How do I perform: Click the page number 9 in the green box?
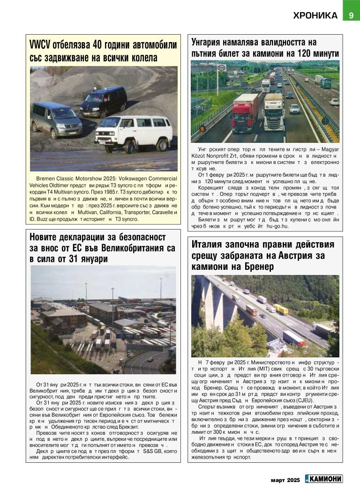[351, 15]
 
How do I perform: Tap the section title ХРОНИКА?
[315, 15]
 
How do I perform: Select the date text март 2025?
[285, 479]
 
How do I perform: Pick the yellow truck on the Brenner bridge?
[281, 309]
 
